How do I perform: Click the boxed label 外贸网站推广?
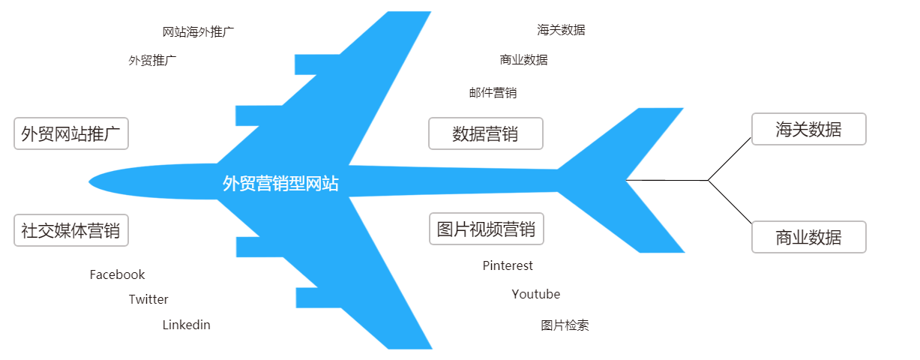pyautogui.click(x=71, y=133)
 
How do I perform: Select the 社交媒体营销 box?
pyautogui.click(x=71, y=230)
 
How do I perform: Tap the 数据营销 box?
pyautogui.click(x=485, y=133)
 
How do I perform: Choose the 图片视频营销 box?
pyautogui.click(x=486, y=229)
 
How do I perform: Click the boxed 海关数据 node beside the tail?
pyautogui.click(x=808, y=129)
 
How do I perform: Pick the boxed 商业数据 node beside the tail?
pyautogui.click(x=808, y=237)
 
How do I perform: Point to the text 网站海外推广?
pyautogui.click(x=198, y=31)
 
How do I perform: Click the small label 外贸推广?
pyautogui.click(x=152, y=60)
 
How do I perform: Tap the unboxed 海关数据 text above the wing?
pyautogui.click(x=561, y=30)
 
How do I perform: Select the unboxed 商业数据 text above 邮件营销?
pyautogui.click(x=523, y=60)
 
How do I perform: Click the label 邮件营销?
pyautogui.click(x=493, y=93)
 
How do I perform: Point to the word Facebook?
pyautogui.click(x=117, y=274)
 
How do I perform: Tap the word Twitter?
pyautogui.click(x=148, y=299)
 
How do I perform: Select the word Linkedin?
pyautogui.click(x=186, y=325)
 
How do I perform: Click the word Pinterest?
pyautogui.click(x=508, y=265)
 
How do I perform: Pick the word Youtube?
pyautogui.click(x=535, y=294)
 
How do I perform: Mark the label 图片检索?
pyautogui.click(x=565, y=325)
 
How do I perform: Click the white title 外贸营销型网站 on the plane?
pyautogui.click(x=280, y=184)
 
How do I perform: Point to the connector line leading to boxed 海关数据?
pyautogui.click(x=730, y=159)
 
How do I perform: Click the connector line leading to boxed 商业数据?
pyautogui.click(x=730, y=202)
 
